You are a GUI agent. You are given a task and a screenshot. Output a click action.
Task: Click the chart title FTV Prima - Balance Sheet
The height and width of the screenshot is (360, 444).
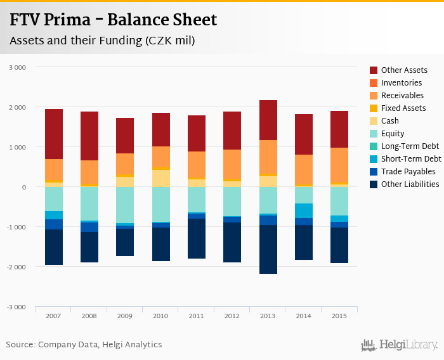pyautogui.click(x=113, y=20)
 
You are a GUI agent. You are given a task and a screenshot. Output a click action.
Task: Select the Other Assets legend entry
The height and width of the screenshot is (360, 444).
pyautogui.click(x=404, y=70)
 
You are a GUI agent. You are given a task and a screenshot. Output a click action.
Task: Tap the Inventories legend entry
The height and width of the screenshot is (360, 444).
pyautogui.click(x=401, y=83)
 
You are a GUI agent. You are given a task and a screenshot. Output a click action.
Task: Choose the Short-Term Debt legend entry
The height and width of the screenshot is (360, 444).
pyautogui.click(x=411, y=159)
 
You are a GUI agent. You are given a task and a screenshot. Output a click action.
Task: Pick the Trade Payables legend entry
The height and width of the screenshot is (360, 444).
pyautogui.click(x=408, y=172)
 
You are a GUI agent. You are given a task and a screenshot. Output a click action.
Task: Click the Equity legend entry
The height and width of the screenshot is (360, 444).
pyautogui.click(x=392, y=134)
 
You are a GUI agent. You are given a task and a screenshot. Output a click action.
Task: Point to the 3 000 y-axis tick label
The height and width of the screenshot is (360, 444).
pyautogui.click(x=18, y=67)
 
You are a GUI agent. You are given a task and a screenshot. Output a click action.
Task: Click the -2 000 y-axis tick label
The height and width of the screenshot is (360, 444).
pyautogui.click(x=16, y=267)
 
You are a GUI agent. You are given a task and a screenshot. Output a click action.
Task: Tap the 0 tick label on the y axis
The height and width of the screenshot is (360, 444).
pyautogui.click(x=24, y=187)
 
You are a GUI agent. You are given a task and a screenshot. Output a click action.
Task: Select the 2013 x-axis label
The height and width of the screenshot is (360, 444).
pyautogui.click(x=268, y=316)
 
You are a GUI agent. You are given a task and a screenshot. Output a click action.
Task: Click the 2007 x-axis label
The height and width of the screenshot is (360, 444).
pyautogui.click(x=54, y=316)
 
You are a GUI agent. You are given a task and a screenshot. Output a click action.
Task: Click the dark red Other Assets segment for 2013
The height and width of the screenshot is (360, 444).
pyautogui.click(x=268, y=120)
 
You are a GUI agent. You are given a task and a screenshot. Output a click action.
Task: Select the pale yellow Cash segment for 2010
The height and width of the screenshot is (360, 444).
pyautogui.click(x=160, y=178)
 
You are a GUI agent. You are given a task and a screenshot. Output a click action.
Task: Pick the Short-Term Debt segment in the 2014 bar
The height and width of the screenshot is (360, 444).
pyautogui.click(x=303, y=210)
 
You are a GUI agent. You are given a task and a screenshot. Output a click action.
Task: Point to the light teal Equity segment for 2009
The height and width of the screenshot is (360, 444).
pyautogui.click(x=125, y=205)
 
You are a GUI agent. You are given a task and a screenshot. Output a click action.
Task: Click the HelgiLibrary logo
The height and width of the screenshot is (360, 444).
pyautogui.click(x=400, y=345)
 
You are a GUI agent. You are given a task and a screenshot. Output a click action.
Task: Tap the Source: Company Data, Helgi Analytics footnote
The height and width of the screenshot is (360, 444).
pyautogui.click(x=84, y=345)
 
